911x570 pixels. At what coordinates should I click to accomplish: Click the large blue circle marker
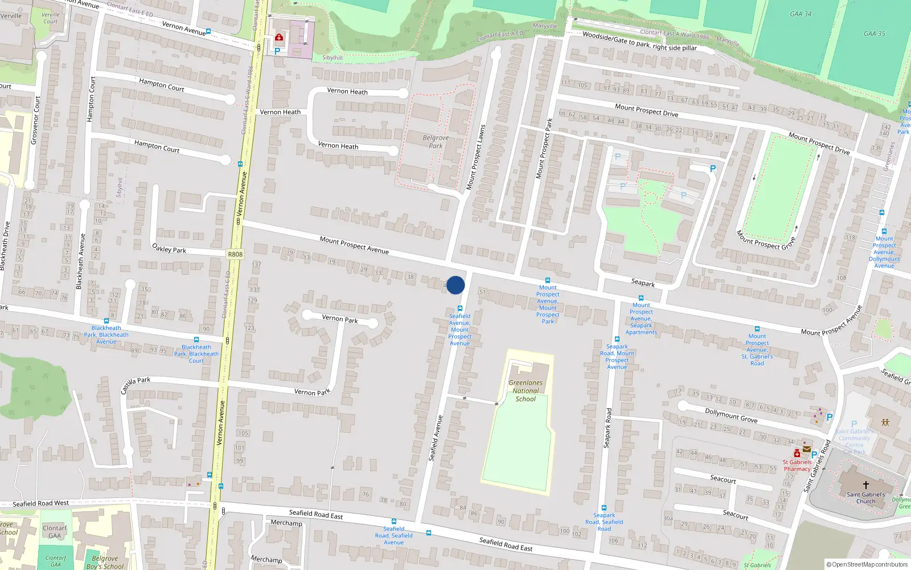(x=455, y=285)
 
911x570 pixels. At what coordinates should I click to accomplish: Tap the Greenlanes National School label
(x=526, y=391)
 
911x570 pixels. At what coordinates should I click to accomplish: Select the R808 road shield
(x=235, y=255)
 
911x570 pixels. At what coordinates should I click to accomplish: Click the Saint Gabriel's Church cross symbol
(x=865, y=485)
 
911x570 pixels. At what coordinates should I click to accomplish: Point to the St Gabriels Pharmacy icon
(x=797, y=453)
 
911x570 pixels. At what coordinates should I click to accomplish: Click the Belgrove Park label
(x=436, y=141)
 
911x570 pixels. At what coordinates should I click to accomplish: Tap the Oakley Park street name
(x=169, y=249)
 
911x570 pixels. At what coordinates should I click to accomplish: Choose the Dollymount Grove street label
(x=731, y=416)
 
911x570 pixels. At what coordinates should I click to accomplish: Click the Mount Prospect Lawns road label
(x=475, y=157)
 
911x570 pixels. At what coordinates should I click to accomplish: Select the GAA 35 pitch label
(x=874, y=34)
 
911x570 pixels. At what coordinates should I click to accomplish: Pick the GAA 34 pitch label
(x=801, y=14)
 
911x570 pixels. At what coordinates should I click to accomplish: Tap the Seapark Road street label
(x=608, y=427)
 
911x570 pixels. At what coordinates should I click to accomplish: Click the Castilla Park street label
(x=136, y=385)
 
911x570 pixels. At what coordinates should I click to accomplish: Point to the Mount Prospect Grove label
(x=765, y=239)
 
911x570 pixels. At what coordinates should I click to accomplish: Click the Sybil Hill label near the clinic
(x=333, y=58)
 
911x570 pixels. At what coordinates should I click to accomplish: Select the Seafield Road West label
(x=40, y=503)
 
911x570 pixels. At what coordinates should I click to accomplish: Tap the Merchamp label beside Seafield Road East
(x=286, y=523)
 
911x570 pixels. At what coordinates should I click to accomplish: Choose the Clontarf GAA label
(x=55, y=532)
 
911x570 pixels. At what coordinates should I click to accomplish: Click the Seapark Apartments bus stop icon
(x=641, y=298)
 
